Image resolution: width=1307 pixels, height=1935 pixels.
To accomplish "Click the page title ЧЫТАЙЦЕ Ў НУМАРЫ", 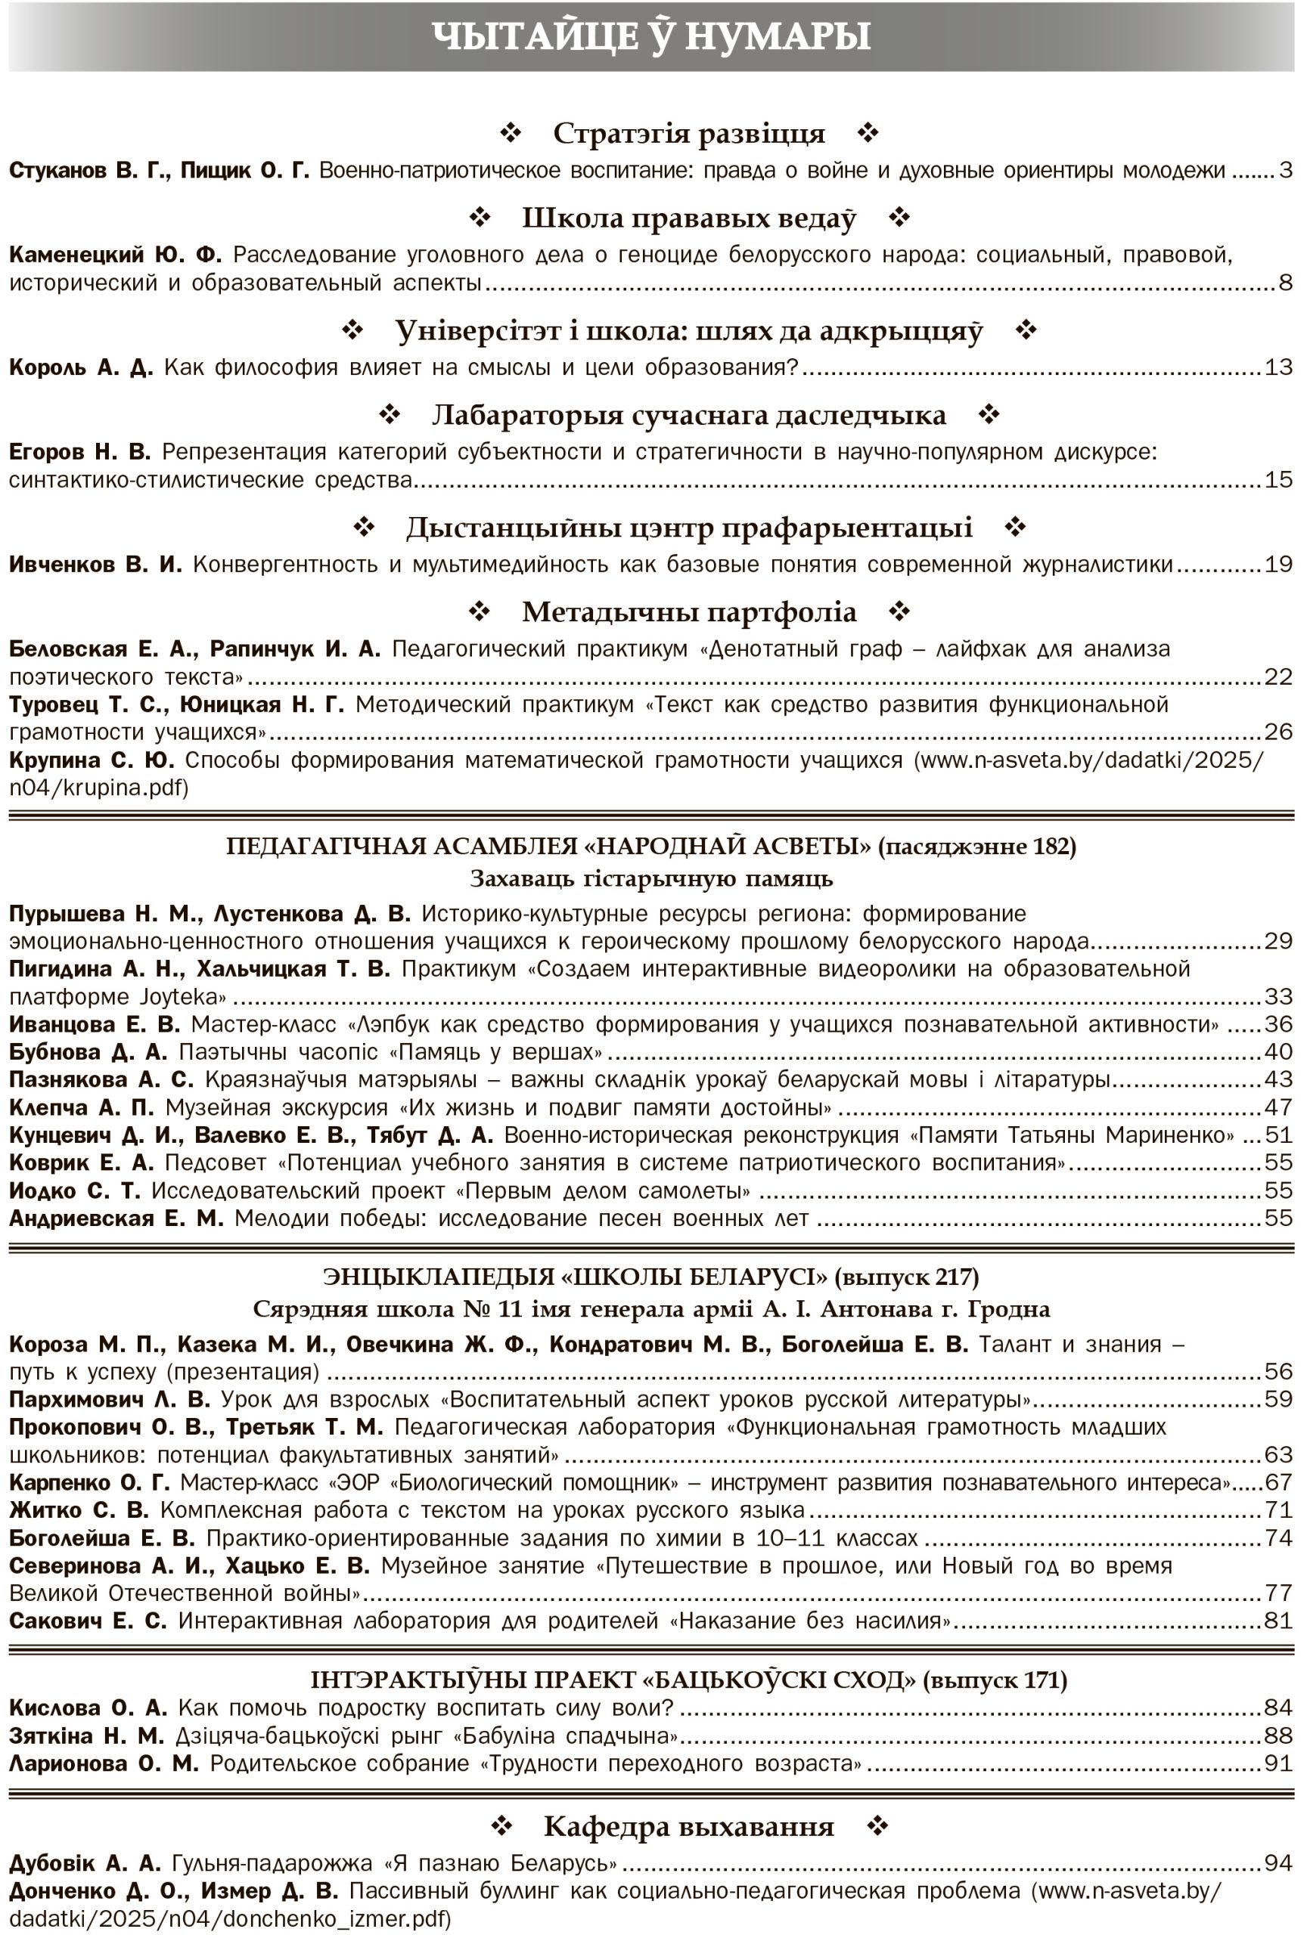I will (x=651, y=36).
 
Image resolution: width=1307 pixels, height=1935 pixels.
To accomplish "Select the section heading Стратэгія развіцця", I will (x=688, y=133).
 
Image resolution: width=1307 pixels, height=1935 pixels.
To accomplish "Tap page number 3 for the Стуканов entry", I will (x=1285, y=171).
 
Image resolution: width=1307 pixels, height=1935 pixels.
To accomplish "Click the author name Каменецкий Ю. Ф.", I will (x=115, y=255).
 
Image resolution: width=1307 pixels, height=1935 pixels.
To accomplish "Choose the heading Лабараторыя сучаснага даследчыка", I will (x=688, y=415).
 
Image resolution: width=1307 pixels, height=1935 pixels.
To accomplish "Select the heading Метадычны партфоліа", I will (x=688, y=612).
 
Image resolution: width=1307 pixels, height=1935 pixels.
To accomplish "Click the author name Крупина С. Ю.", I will (x=92, y=760).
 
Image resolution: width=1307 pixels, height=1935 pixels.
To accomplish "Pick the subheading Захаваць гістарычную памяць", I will (x=651, y=878).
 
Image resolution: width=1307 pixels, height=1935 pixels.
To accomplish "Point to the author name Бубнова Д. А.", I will (x=88, y=1052).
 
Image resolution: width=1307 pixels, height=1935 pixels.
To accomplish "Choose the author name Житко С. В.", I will (x=79, y=1509).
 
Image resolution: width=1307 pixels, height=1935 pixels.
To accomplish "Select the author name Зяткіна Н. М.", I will (x=87, y=1736).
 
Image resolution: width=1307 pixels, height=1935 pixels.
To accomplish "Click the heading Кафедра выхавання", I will (x=688, y=1827).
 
